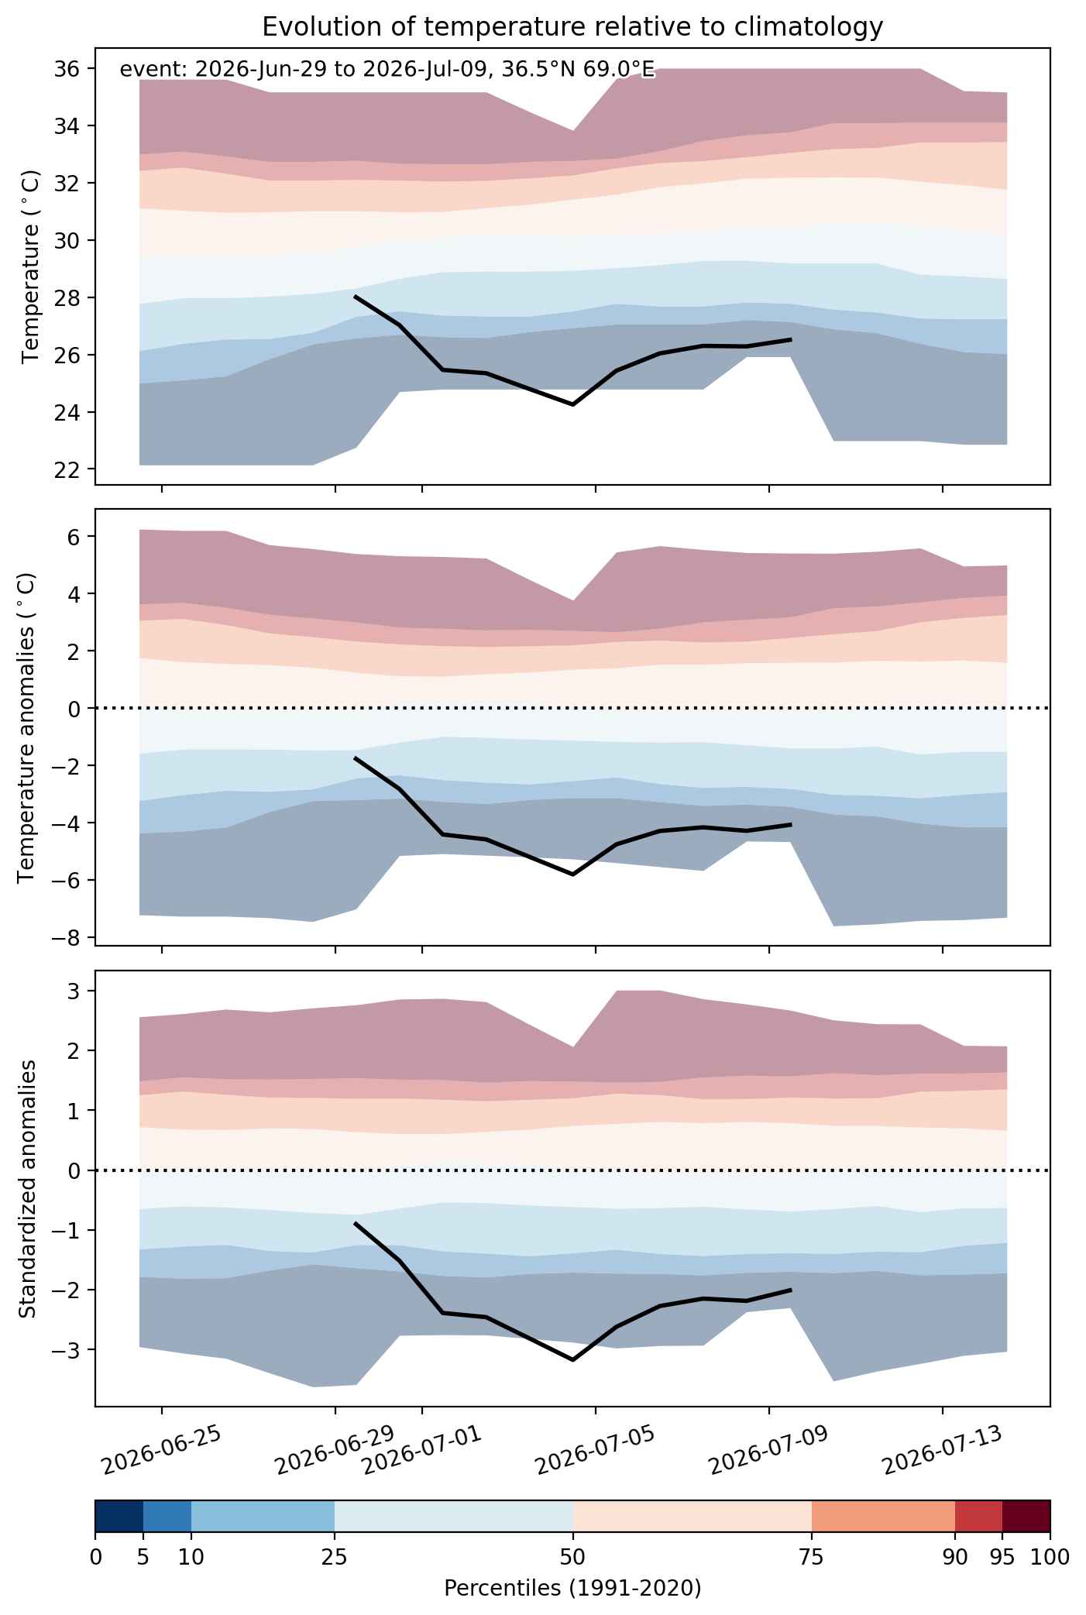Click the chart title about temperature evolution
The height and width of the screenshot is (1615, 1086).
click(x=572, y=27)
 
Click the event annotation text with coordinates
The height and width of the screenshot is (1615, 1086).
click(x=388, y=70)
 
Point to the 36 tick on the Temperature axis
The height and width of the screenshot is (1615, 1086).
click(x=67, y=69)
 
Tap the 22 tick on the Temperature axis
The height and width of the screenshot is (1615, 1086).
click(x=67, y=469)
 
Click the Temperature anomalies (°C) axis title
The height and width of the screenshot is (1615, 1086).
click(x=26, y=727)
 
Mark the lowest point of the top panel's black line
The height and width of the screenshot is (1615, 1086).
click(x=573, y=404)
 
